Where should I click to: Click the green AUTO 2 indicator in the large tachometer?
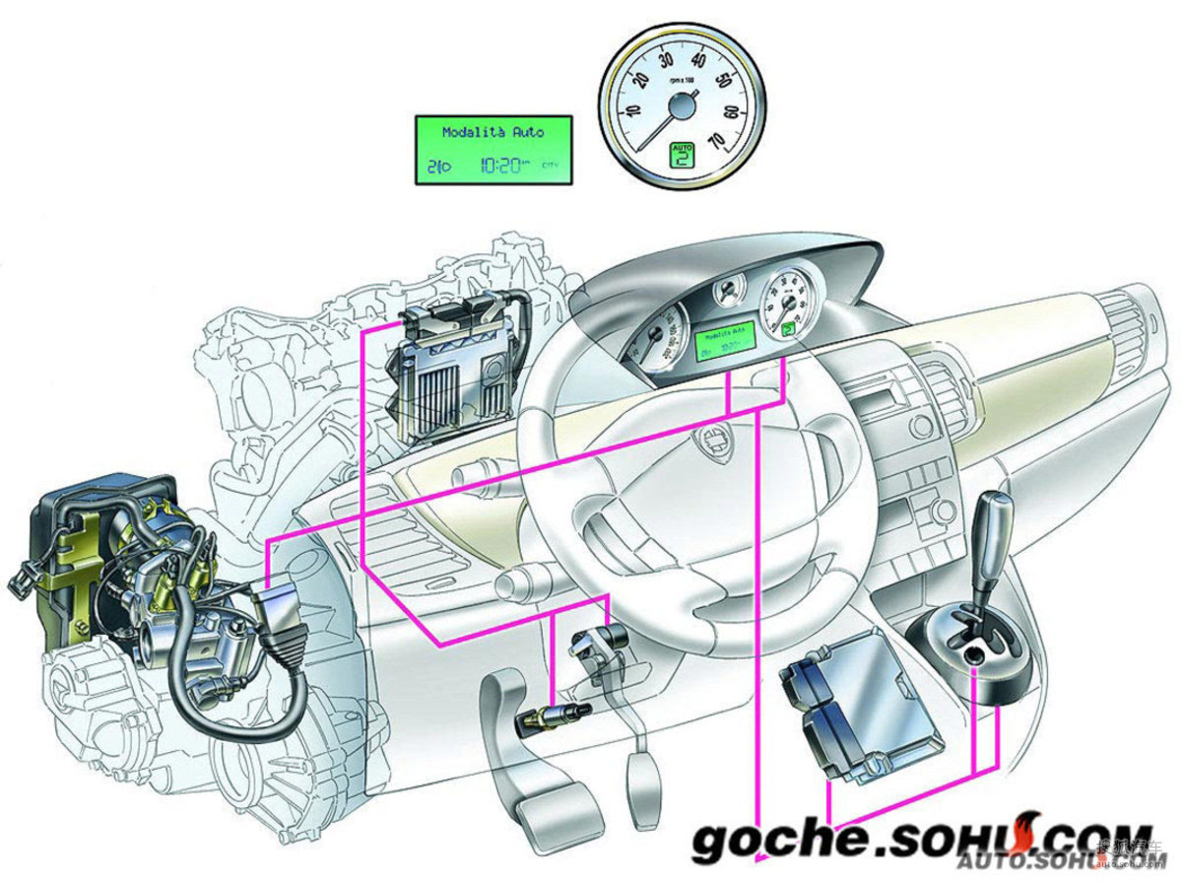[682, 155]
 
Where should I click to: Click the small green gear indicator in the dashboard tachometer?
[787, 331]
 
